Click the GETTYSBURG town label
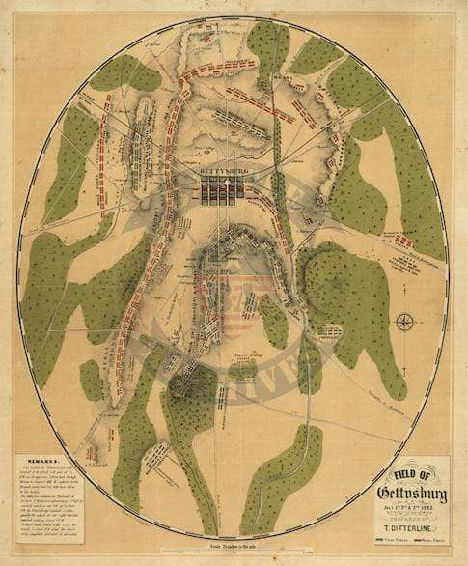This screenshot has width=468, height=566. [x=223, y=175]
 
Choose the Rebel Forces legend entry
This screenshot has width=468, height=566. [x=426, y=543]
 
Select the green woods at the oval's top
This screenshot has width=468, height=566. [x=265, y=43]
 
